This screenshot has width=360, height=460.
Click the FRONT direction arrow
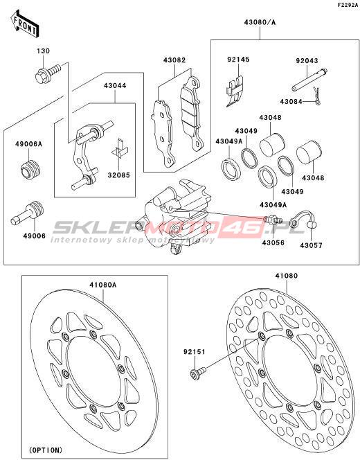pyautogui.click(x=25, y=24)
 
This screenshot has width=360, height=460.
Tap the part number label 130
pyautogui.click(x=44, y=51)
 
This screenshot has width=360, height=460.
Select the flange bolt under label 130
pyautogui.click(x=48, y=73)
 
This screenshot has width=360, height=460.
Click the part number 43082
pyautogui.click(x=174, y=60)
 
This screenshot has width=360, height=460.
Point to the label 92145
pyautogui.click(x=238, y=60)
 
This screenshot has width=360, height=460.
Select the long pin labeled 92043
pyautogui.click(x=309, y=79)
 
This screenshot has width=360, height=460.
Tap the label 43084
pyautogui.click(x=291, y=102)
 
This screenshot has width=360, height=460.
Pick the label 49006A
pyautogui.click(x=28, y=144)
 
